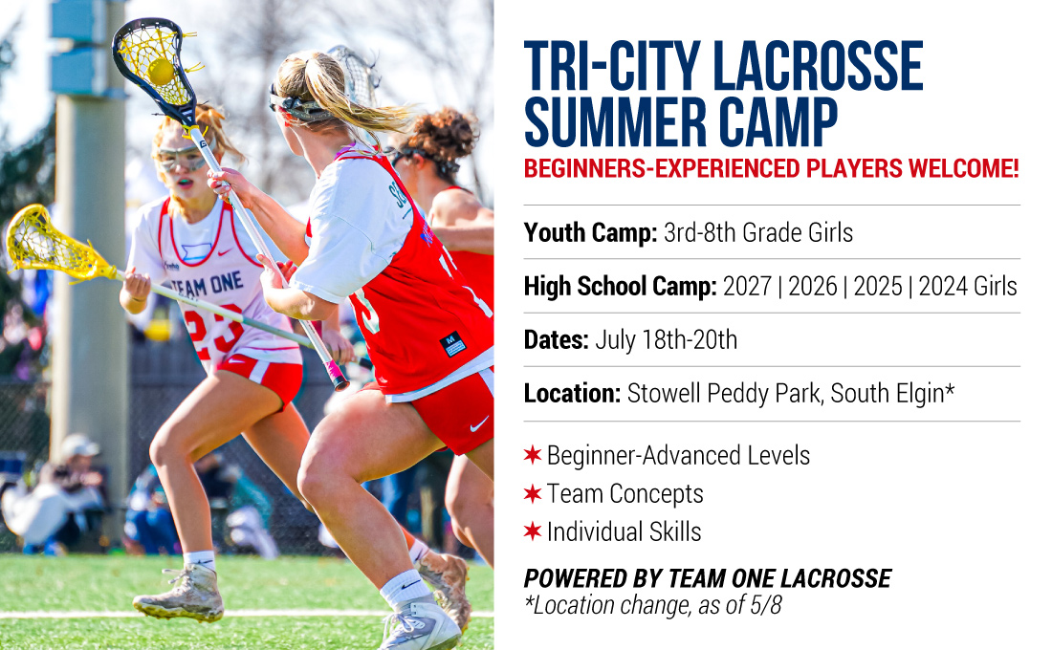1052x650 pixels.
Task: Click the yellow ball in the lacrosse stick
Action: (161, 71)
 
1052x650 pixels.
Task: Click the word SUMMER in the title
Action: (615, 122)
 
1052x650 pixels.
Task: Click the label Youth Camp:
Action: (590, 233)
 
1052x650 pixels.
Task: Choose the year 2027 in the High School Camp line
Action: (747, 287)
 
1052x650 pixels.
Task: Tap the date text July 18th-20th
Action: (667, 340)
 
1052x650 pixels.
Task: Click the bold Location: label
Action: (572, 394)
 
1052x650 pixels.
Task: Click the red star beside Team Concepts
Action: (533, 493)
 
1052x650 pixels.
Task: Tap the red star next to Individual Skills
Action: (533, 531)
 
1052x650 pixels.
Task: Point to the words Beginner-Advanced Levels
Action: (678, 455)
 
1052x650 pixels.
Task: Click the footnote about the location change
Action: (653, 605)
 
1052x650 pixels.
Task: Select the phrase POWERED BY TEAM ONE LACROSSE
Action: (708, 578)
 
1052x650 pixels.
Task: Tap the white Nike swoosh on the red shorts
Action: (479, 424)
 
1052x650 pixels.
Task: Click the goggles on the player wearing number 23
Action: (181, 159)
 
